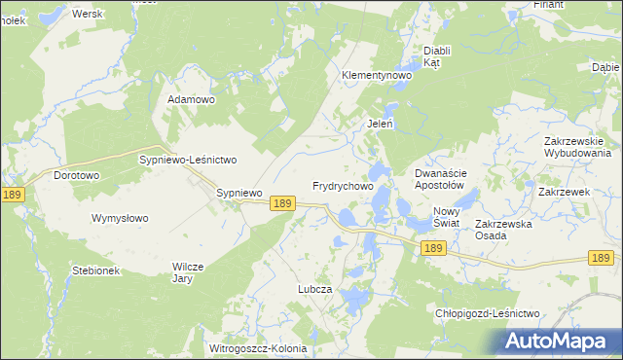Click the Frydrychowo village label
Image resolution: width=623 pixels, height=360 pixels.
[x=343, y=185]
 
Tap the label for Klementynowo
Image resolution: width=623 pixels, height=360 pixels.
[x=377, y=75]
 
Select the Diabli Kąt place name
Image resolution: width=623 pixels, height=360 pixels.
[x=433, y=56]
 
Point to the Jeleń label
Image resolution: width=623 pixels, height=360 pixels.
[x=380, y=124]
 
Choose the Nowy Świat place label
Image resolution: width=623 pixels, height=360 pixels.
[x=446, y=217]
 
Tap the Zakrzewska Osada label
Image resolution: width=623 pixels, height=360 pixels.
[x=503, y=230]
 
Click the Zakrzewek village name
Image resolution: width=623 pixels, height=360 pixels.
[x=565, y=192]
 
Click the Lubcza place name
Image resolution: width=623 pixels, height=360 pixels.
[x=315, y=290]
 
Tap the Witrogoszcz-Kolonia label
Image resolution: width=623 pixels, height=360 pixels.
[x=257, y=347]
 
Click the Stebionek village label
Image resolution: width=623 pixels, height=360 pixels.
[x=95, y=270]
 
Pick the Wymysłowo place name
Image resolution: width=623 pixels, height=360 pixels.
[x=120, y=218]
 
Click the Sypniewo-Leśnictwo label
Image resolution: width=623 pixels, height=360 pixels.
[x=189, y=159]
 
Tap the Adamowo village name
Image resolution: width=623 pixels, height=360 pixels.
[x=191, y=99]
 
